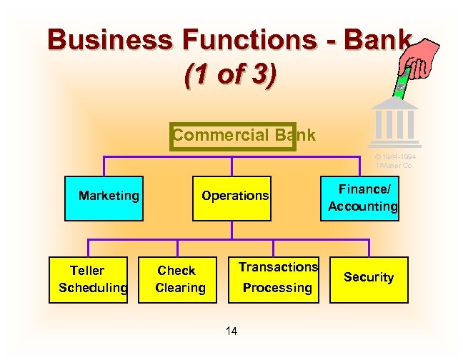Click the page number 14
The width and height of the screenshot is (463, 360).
(231, 331)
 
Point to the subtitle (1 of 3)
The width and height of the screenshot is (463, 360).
(229, 74)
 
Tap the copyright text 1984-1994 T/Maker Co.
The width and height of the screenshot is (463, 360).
(395, 161)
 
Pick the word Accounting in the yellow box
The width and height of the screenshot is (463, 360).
(362, 206)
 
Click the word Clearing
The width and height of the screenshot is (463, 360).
(180, 288)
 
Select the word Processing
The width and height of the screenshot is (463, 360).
(277, 288)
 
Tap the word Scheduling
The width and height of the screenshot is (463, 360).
(93, 288)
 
